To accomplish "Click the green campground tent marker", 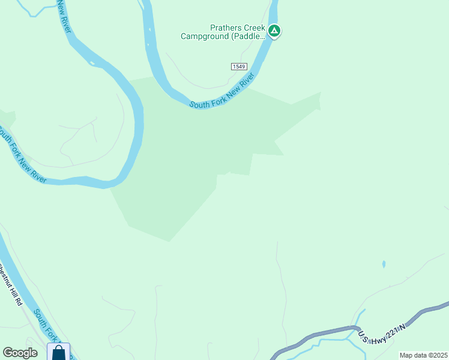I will click(x=274, y=30).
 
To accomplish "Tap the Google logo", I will click(x=20, y=353).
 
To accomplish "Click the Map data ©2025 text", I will click(x=423, y=355).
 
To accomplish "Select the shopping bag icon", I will click(x=58, y=352).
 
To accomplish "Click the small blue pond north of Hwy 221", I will click(x=384, y=264).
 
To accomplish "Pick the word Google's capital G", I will click(x=8, y=353).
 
